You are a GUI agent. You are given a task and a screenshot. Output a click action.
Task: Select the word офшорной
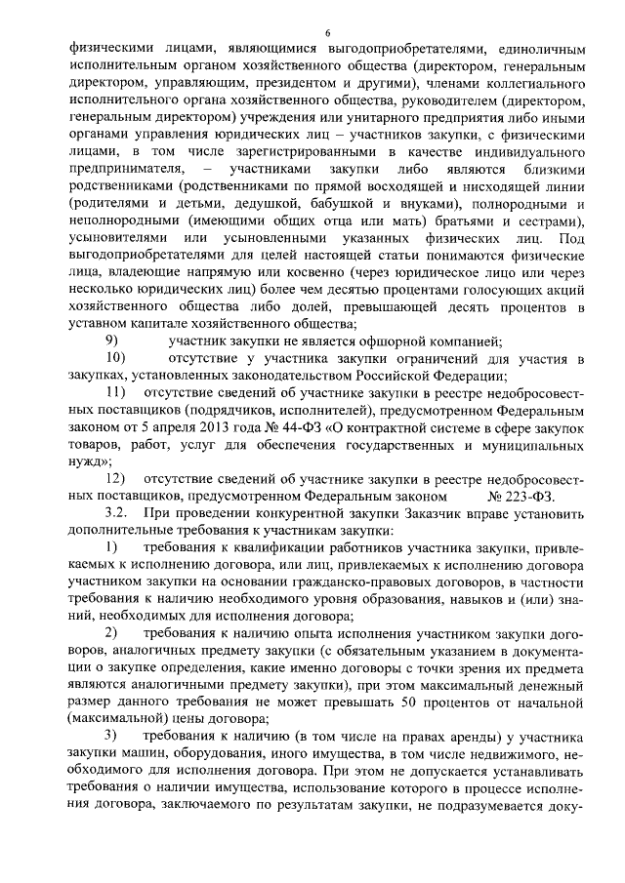point(394,341)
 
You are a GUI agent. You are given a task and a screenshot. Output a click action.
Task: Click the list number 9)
point(113,341)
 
